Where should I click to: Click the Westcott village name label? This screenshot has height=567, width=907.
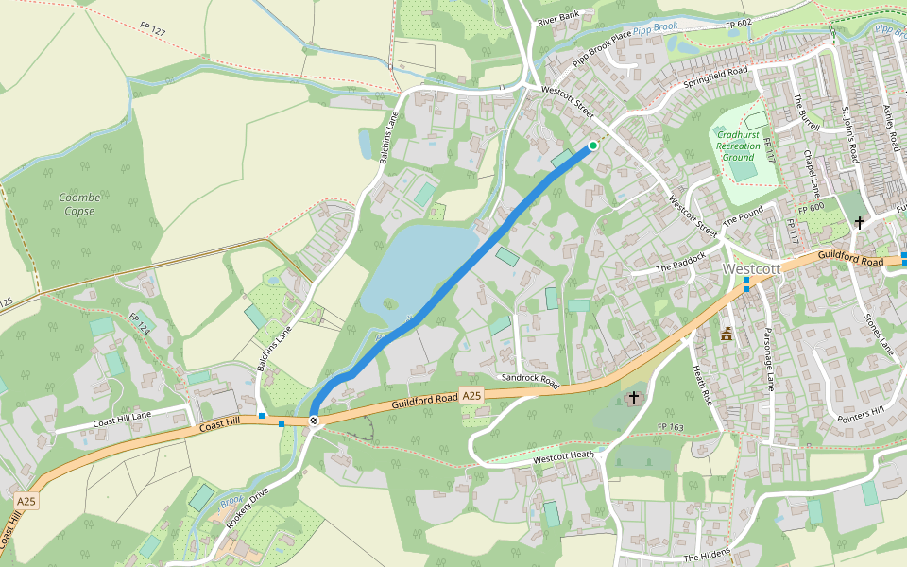pos(751,268)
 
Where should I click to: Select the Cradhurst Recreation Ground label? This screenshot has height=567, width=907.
pos(738,146)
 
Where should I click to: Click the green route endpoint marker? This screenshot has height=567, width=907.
pos(593,146)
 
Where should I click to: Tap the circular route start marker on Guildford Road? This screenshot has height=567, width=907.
pos(314,421)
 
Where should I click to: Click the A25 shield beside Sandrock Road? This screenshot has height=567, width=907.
pos(472,397)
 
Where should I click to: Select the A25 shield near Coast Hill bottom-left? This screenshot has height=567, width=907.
pos(26,502)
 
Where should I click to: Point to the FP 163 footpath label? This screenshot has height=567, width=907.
pos(669,428)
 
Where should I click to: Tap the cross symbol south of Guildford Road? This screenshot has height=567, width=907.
pos(633,398)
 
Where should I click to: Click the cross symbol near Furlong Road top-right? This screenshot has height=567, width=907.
pos(860,223)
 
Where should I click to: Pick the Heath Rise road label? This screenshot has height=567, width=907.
pos(702,382)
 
